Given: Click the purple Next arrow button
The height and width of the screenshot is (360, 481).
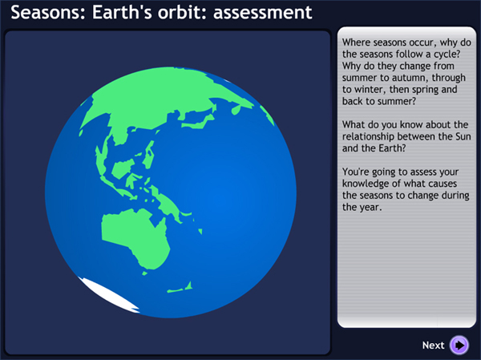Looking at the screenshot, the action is (x=459, y=345).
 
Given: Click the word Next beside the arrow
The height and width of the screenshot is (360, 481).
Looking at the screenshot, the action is (x=433, y=346).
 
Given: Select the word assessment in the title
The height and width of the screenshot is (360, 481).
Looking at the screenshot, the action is (x=263, y=13).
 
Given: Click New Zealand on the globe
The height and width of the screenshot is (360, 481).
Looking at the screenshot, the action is (x=180, y=287).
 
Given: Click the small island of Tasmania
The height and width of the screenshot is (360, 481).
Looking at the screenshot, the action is (x=145, y=273).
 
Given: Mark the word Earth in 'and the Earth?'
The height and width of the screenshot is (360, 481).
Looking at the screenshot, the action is (x=390, y=148).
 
